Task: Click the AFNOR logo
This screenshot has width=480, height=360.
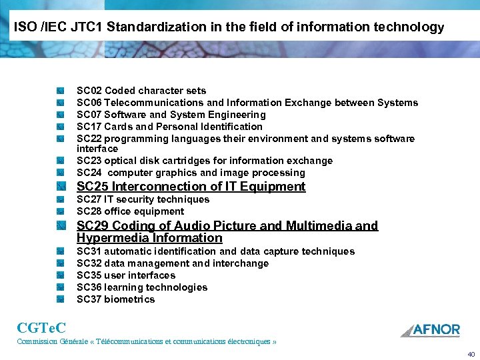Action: click(431, 330)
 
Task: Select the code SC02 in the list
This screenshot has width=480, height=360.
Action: click(89, 91)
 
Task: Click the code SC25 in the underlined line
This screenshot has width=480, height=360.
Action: click(93, 187)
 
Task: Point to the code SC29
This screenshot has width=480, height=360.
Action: click(93, 226)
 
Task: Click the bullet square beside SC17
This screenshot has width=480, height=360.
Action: click(60, 127)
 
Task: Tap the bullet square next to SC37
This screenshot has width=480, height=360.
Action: click(60, 299)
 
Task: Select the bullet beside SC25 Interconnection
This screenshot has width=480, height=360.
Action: click(60, 187)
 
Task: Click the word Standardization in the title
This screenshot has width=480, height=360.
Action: click(150, 27)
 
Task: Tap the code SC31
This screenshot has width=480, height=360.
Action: click(89, 251)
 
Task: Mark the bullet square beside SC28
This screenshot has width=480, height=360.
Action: click(60, 211)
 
